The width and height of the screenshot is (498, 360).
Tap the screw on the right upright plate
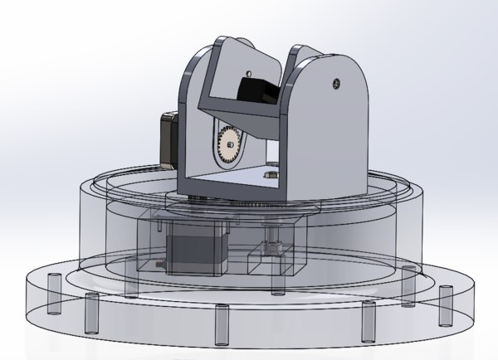335,81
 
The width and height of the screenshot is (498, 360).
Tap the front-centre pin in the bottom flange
221,324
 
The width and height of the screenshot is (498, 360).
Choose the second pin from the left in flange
89,313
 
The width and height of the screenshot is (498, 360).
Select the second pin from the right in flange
407,286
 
